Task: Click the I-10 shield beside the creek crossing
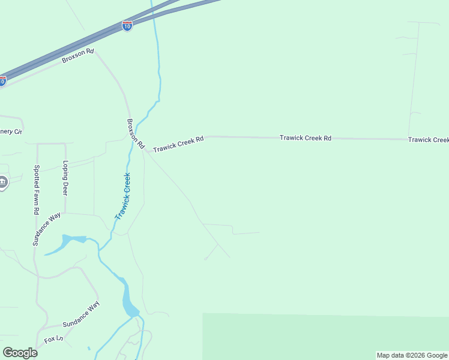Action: pyautogui.click(x=127, y=26)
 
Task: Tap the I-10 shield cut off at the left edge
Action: pyautogui.click(x=2, y=80)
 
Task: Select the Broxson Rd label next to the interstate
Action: pyautogui.click(x=78, y=56)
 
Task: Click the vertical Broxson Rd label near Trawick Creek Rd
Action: pyautogui.click(x=135, y=133)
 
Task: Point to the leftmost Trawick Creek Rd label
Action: pyautogui.click(x=178, y=143)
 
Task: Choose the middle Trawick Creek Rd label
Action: pyautogui.click(x=306, y=138)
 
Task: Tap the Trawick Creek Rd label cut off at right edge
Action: pyautogui.click(x=428, y=140)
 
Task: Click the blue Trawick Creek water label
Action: pyautogui.click(x=123, y=196)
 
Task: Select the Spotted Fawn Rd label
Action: pyautogui.click(x=37, y=190)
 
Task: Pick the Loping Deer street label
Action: pyautogui.click(x=65, y=178)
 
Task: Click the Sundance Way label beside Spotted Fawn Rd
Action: pyautogui.click(x=47, y=229)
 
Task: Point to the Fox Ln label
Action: pyautogui.click(x=53, y=340)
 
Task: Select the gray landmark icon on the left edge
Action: pyautogui.click(x=3, y=182)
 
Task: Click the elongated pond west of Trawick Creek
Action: pyautogui.click(x=62, y=244)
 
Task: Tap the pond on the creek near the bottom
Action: pyautogui.click(x=129, y=302)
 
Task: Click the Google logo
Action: pyautogui.click(x=20, y=353)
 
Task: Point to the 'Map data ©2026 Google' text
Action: pyautogui.click(x=412, y=355)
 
